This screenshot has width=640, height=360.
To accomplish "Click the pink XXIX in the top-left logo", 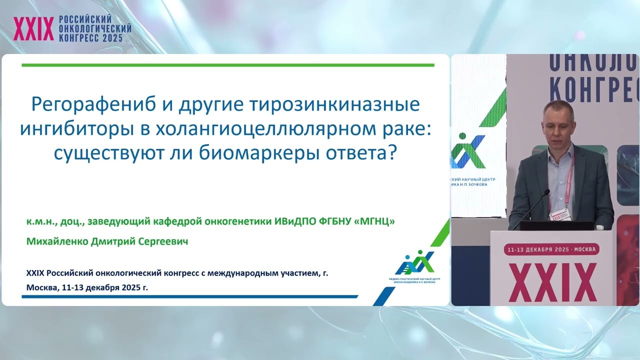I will tap(33, 29).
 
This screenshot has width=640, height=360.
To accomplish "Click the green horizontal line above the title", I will tap(228, 65).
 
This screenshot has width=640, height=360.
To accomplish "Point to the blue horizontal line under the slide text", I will tap(190, 296).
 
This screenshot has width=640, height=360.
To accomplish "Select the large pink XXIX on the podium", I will tap(552, 282).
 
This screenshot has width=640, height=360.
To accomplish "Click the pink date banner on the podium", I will tap(552, 249).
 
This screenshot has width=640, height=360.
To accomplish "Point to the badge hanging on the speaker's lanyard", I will tap(556, 215).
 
